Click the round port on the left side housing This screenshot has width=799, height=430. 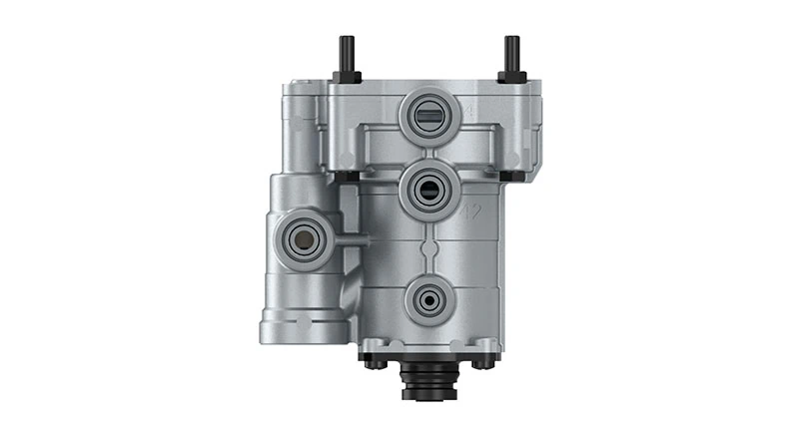(x=299, y=235)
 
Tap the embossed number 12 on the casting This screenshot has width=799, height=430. (x=474, y=210)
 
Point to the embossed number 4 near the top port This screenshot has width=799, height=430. (x=468, y=108)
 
